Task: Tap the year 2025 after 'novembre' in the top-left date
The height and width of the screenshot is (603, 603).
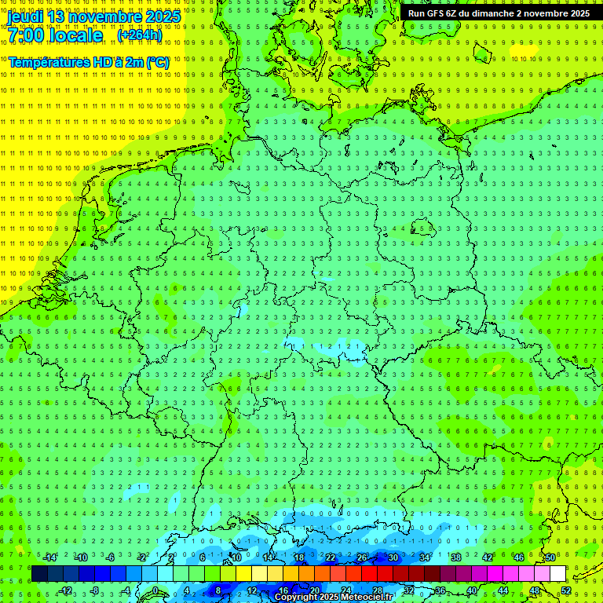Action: click(x=162, y=16)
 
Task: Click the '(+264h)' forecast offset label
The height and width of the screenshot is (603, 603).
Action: click(x=140, y=35)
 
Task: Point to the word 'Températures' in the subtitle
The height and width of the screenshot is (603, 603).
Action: click(x=45, y=61)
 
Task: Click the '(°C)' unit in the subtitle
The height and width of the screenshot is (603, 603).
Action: click(x=156, y=61)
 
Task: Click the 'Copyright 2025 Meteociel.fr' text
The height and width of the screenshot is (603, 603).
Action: click(x=334, y=598)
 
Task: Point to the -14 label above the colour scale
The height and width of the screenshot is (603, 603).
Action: click(x=49, y=557)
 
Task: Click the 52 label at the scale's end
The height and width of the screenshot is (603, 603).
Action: click(x=565, y=590)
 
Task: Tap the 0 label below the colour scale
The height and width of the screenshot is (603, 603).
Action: click(x=155, y=590)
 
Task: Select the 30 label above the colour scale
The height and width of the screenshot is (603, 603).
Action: click(x=393, y=557)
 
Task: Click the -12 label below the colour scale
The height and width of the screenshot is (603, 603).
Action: click(x=65, y=590)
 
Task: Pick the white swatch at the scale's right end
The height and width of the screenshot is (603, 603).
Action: click(x=557, y=574)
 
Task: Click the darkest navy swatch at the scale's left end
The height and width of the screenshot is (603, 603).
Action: click(x=39, y=574)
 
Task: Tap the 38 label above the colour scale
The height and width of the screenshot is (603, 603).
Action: click(x=456, y=557)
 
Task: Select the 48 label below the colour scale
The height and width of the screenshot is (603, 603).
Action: click(x=535, y=590)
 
